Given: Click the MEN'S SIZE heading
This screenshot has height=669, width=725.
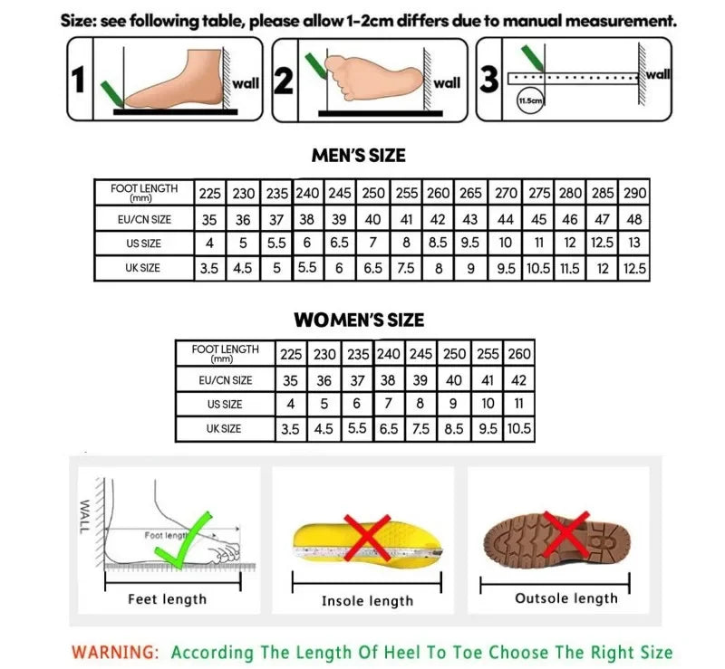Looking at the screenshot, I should [x=359, y=156].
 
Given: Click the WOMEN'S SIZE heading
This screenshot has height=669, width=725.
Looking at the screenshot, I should [x=359, y=320].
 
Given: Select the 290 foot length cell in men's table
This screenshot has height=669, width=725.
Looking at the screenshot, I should [x=636, y=193].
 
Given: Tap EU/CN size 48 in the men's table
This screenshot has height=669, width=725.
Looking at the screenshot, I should [x=636, y=219].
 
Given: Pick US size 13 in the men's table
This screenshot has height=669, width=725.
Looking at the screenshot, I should [x=636, y=243].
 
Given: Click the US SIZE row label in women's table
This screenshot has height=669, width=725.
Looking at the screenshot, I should [x=225, y=405].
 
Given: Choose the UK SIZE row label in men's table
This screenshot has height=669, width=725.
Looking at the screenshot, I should [x=143, y=268].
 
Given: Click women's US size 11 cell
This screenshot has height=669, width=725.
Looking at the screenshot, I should [x=520, y=404].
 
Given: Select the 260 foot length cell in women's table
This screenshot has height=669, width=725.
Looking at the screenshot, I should [x=520, y=354].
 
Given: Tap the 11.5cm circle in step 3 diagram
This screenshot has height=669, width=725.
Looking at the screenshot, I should [x=529, y=101].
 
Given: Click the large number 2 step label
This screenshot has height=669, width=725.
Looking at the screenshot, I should [x=284, y=81].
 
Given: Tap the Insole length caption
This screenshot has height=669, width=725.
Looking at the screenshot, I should [x=367, y=601].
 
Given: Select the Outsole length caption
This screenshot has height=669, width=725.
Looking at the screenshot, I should [x=566, y=598].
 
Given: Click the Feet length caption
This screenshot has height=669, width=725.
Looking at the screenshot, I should [x=167, y=599].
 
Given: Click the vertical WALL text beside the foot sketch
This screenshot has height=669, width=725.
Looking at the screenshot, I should [x=86, y=516].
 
